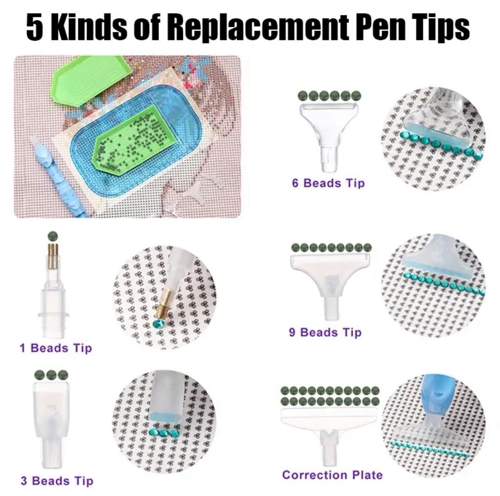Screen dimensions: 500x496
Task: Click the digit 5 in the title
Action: click(x=35, y=27)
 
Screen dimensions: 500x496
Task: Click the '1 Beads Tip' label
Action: click(x=56, y=348)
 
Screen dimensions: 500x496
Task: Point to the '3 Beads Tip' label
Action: click(x=57, y=481)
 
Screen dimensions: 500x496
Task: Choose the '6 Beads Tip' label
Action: click(x=328, y=183)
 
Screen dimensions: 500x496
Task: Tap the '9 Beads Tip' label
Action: click(x=325, y=333)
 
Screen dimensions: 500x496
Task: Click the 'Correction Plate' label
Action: click(x=332, y=475)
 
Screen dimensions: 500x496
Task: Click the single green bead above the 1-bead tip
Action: click(x=53, y=236)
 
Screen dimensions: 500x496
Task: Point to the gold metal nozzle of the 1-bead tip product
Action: click(x=53, y=256)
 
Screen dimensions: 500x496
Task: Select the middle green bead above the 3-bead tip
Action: click(x=51, y=375)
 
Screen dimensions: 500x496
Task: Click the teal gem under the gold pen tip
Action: click(x=158, y=323)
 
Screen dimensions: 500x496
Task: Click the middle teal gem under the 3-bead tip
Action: click(x=164, y=433)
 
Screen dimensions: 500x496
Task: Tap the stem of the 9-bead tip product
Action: click(x=331, y=309)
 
